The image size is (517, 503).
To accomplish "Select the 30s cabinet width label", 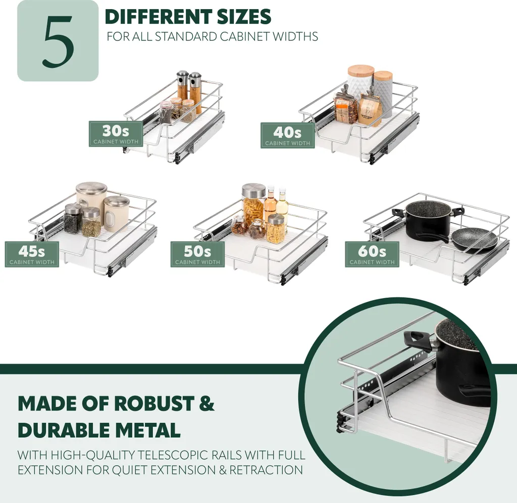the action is coord(116,134).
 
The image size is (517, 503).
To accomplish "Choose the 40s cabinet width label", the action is coord(287,135).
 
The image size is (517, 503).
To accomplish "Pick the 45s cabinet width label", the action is coord(32,254).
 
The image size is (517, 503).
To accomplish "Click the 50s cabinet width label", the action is coord(197,254).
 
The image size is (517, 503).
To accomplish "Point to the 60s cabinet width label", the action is coord(372,254).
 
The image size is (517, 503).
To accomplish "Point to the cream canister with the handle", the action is coord(116,214).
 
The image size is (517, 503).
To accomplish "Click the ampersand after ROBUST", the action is coord(206,403).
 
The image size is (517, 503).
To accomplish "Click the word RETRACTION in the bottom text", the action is coord(266,470).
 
